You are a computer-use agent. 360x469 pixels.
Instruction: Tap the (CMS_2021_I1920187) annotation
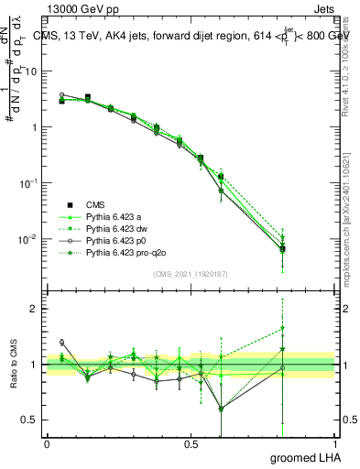coord(191,274)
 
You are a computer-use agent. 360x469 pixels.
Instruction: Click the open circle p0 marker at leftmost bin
coord(61,94)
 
